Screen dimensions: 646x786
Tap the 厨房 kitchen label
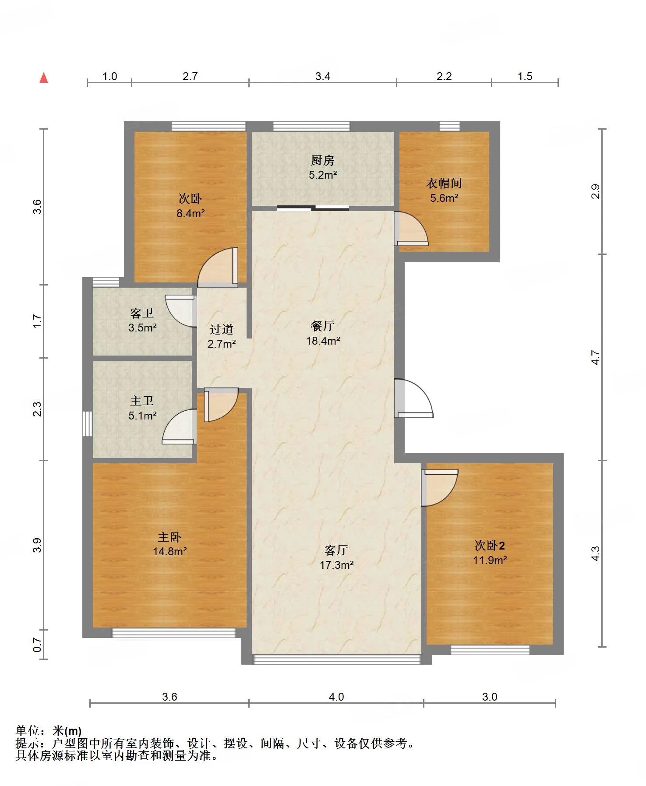[x=323, y=160]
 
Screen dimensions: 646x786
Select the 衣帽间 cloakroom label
[x=444, y=183]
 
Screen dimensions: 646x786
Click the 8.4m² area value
[x=191, y=213]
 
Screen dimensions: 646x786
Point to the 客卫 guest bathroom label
[x=142, y=313]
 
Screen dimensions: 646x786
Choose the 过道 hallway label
[x=222, y=329]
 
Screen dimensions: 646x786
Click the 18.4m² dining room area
[x=323, y=341]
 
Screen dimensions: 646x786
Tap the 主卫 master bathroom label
[x=142, y=401]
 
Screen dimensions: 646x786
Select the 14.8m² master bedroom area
[x=170, y=551]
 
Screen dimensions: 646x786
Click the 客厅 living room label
[x=336, y=550]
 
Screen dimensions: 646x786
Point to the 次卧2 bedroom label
[x=490, y=546]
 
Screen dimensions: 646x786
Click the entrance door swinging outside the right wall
[x=413, y=398]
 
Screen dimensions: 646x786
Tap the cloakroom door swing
[x=411, y=229]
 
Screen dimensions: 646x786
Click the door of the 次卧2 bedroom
[x=439, y=488]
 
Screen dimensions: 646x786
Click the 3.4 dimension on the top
[x=323, y=76]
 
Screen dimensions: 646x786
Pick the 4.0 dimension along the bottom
[x=336, y=697]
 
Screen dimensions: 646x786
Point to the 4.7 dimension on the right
[x=596, y=357]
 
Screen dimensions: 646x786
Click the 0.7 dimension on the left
[x=38, y=645]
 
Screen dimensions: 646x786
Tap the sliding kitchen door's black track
[x=313, y=208]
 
